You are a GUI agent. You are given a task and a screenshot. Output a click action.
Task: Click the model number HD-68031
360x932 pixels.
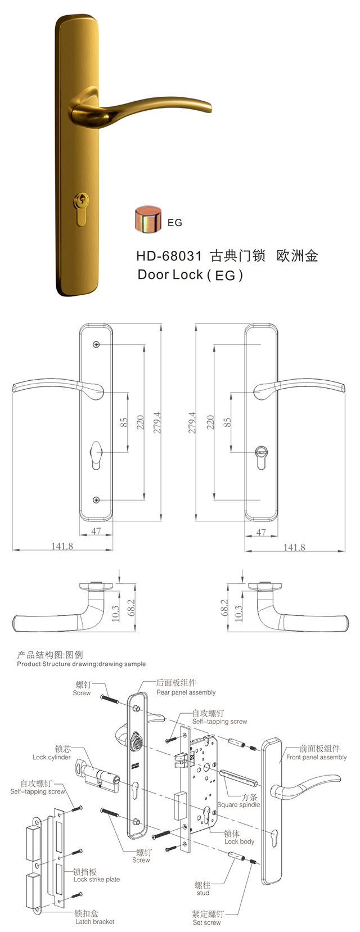click(169, 255)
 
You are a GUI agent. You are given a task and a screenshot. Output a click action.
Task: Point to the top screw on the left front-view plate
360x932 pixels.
click(96, 344)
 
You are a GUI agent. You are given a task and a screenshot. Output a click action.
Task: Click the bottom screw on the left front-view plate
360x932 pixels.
click(96, 499)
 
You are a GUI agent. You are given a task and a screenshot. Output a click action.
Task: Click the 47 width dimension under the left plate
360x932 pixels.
click(96, 531)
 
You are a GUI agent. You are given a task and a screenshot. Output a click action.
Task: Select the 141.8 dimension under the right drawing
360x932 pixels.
click(294, 547)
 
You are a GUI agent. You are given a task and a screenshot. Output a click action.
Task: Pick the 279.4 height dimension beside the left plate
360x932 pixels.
click(157, 422)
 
